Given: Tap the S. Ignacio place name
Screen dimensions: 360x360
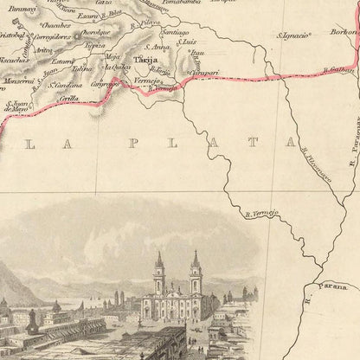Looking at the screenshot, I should coord(292,35).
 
